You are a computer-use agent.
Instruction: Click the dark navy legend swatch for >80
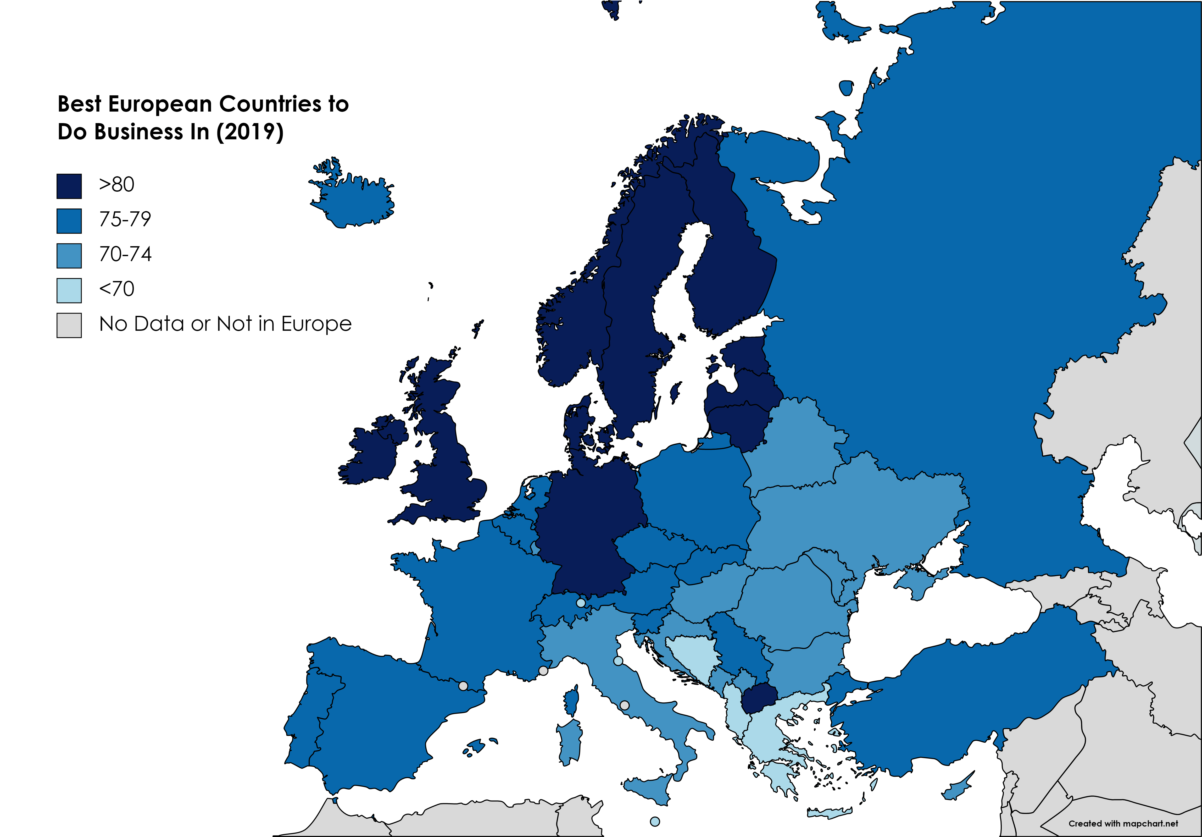(69, 186)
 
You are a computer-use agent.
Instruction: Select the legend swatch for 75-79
(69, 221)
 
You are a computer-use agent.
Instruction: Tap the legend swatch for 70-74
(69, 256)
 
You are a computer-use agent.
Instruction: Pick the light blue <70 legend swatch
(69, 290)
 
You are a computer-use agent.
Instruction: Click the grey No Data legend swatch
(69, 325)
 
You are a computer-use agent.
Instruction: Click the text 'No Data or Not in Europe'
(225, 324)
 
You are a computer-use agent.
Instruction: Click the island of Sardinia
(570, 741)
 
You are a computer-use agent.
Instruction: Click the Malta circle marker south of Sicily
(655, 821)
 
